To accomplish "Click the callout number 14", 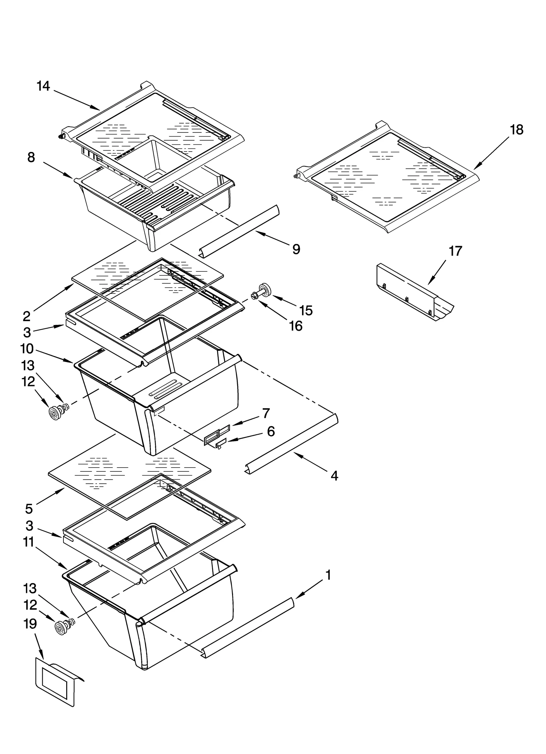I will coord(43,86).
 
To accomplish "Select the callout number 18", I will coord(517,130).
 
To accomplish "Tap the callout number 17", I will coord(455,251).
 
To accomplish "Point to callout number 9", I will coord(296,249).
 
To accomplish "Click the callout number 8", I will coord(31,157).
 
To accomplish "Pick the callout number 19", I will coord(30,624).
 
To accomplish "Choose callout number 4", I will coord(334,475).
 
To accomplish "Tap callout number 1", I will coord(328,575).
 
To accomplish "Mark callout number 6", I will coord(271,431).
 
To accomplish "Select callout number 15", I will coord(306,310).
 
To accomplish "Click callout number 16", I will coord(296,326).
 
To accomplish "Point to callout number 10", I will coord(27,349).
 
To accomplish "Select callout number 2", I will coord(27,316).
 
